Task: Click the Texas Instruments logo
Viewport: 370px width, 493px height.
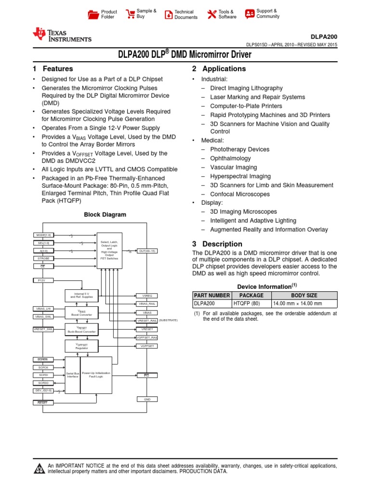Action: coord(61,35)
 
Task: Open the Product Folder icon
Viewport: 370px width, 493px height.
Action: coord(93,14)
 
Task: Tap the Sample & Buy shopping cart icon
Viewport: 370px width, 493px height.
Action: coord(130,14)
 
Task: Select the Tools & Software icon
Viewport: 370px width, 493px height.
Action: coord(212,14)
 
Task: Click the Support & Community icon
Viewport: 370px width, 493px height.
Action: coord(250,14)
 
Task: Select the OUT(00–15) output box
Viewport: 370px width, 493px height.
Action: coord(147,251)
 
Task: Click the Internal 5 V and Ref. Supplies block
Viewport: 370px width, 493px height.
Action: coord(81,296)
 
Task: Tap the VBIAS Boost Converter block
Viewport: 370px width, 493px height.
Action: coord(81,313)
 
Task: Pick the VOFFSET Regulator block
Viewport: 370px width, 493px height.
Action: coord(81,346)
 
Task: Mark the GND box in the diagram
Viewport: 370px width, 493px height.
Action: coord(147,399)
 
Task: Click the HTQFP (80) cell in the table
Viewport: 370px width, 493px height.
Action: coord(251,304)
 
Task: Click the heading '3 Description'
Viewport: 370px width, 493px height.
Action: coord(217,244)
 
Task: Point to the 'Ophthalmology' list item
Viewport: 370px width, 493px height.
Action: coord(230,158)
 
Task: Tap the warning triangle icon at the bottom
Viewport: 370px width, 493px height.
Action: coord(39,468)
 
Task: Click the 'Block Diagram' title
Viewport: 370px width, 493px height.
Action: coord(105,215)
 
